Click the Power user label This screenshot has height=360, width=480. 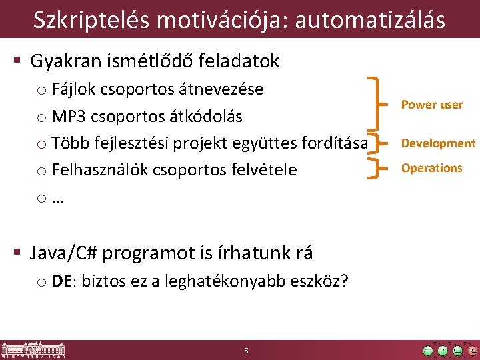[432, 105]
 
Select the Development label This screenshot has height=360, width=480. [438, 143]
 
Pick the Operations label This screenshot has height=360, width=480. [431, 168]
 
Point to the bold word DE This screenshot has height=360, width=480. [63, 281]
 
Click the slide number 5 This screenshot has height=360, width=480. [246, 351]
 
